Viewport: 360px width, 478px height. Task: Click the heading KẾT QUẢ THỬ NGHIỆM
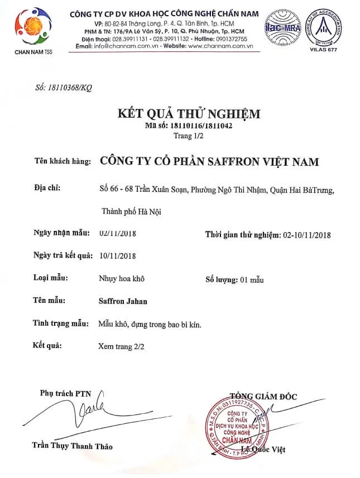[189, 114]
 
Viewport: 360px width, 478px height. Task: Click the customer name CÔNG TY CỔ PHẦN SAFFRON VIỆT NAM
[209, 162]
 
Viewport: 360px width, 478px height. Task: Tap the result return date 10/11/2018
[117, 255]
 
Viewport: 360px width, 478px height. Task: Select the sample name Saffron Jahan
[123, 301]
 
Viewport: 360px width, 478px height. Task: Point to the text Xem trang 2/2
[121, 346]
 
